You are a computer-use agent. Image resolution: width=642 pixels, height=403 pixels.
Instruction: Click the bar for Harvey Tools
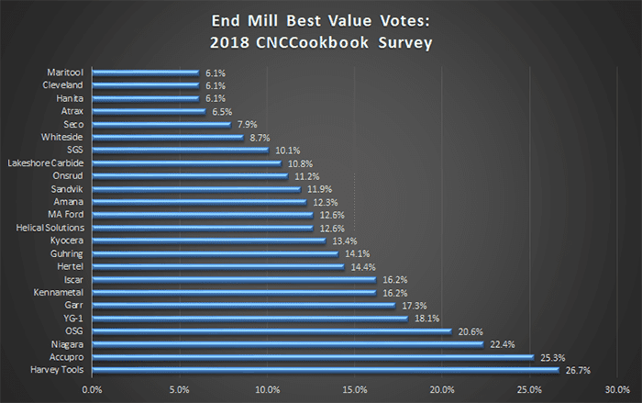[326, 370]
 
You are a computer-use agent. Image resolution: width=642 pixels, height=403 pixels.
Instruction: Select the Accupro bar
[313, 357]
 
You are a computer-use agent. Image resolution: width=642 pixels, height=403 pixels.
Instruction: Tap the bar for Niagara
[288, 344]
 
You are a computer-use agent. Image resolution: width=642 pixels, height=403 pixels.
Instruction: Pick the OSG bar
[272, 331]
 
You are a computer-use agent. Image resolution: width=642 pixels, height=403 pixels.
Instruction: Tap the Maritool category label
[65, 72]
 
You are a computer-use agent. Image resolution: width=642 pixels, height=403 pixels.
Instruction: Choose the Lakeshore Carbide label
[46, 162]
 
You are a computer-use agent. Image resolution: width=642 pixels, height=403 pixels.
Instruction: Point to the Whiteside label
[63, 137]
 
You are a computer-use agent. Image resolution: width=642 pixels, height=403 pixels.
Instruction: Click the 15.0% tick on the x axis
[355, 388]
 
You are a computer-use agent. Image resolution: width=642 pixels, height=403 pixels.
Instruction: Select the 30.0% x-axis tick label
[617, 388]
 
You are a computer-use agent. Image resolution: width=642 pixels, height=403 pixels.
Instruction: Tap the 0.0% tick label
[92, 388]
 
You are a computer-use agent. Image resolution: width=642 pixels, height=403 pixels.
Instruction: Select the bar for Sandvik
[196, 188]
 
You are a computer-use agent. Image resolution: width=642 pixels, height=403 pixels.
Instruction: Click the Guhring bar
[216, 253]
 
